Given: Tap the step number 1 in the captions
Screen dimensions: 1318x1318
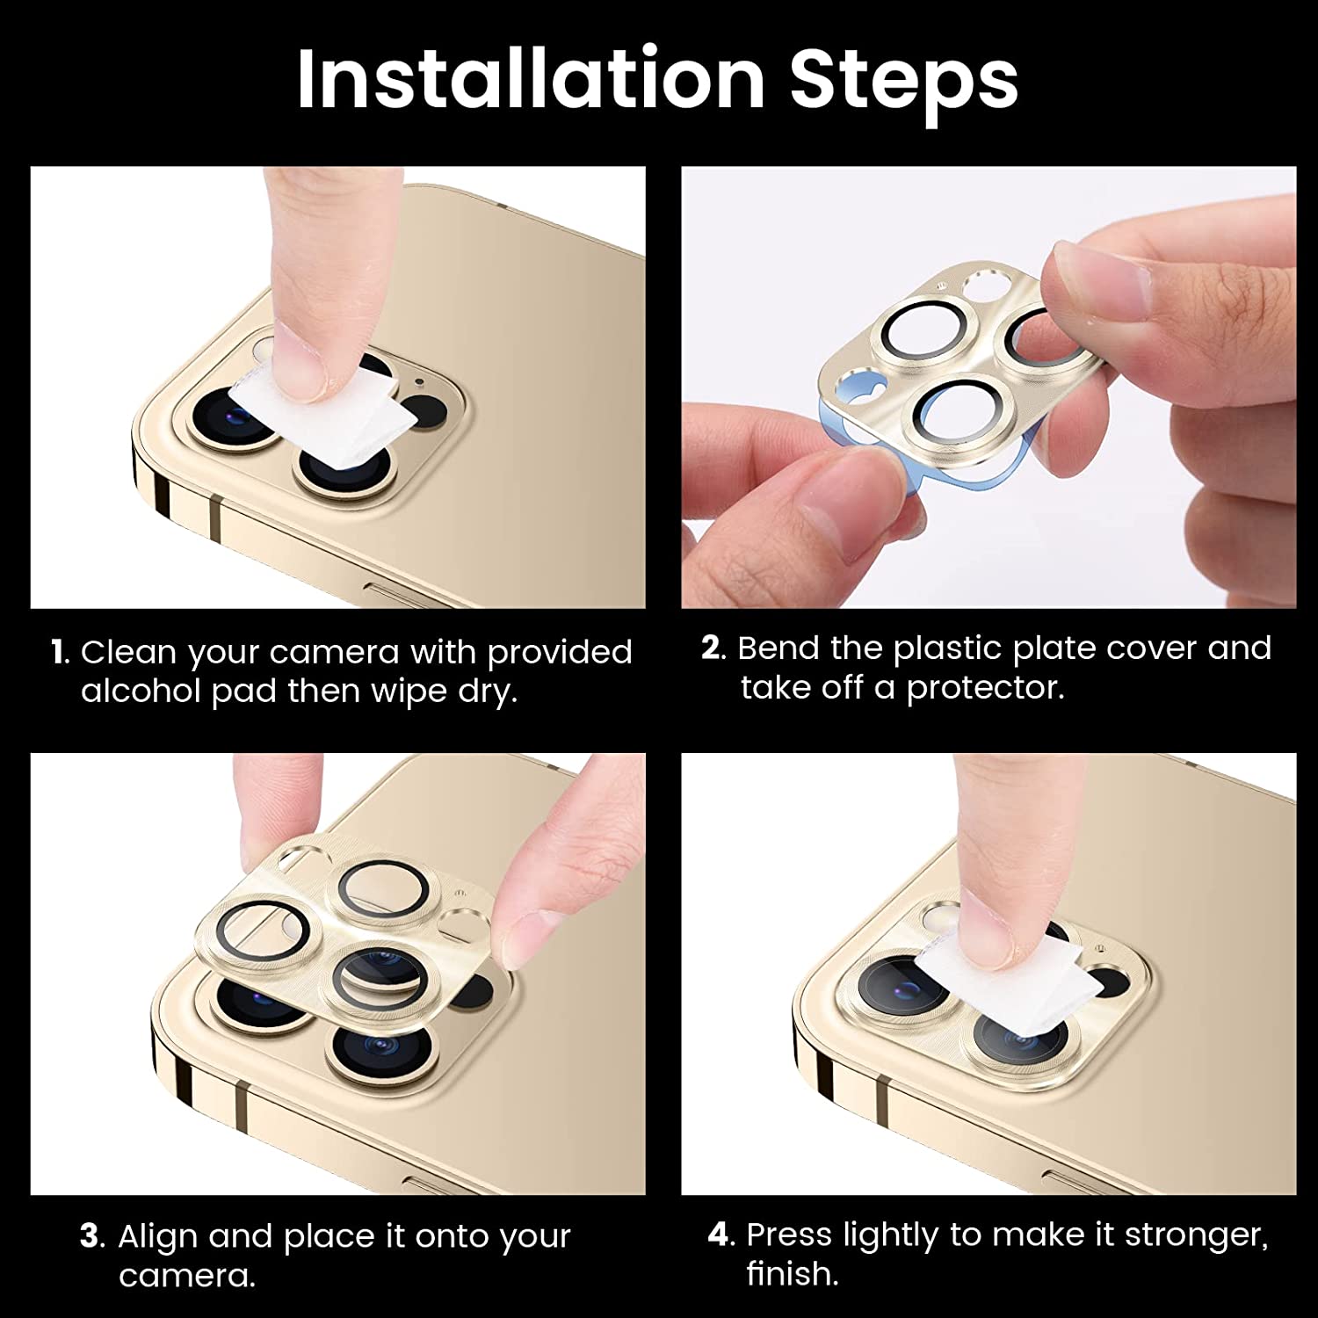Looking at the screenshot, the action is [60, 653].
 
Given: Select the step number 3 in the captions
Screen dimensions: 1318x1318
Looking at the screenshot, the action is [92, 1236].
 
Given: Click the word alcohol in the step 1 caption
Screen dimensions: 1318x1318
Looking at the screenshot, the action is [141, 692].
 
